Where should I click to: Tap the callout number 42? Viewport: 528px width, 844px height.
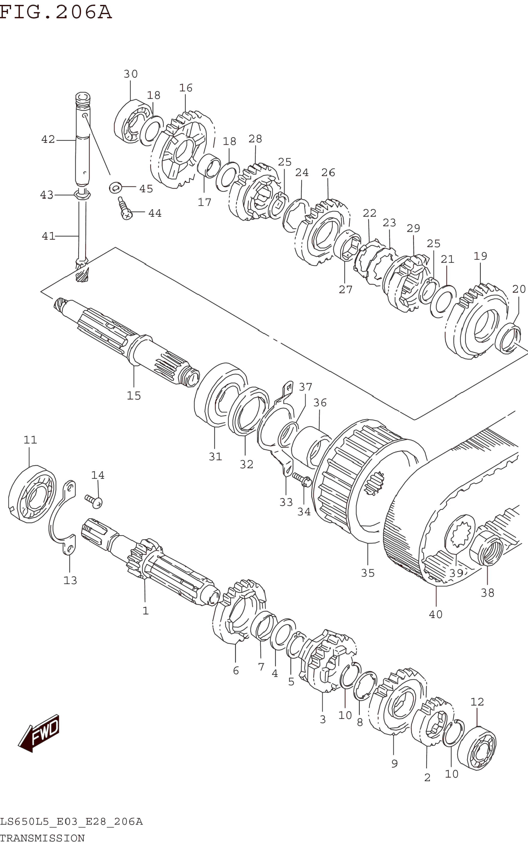48,139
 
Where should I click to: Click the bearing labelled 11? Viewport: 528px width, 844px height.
32,494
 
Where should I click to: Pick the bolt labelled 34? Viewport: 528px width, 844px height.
302,480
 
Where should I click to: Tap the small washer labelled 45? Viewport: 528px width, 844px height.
115,187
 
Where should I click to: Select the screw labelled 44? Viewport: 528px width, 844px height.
125,209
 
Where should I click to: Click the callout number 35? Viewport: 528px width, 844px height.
368,573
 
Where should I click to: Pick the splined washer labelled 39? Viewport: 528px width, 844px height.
460,535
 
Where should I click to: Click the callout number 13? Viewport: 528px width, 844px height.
70,581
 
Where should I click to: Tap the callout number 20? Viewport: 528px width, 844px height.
519,289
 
